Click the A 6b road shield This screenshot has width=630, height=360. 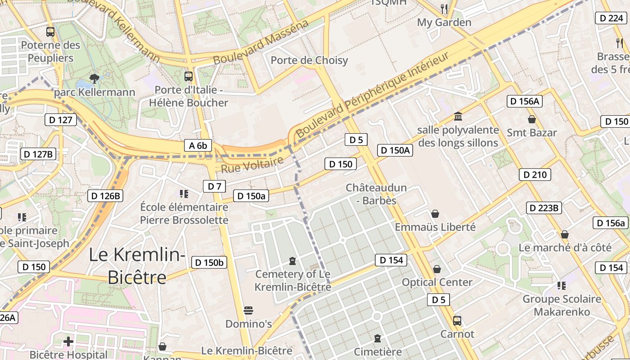198,145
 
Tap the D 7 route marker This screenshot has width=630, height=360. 215,186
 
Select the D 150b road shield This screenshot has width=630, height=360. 209,263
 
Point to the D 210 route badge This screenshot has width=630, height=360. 535,175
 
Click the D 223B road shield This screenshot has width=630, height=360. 544,208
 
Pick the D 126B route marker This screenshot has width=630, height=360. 105,196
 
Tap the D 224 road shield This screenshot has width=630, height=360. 611,18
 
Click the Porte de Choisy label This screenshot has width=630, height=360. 309,60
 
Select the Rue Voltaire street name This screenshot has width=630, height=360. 252,165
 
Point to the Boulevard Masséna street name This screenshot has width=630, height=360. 261,42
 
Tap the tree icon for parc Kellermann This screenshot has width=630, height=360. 94,79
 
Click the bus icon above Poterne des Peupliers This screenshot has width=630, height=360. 50,32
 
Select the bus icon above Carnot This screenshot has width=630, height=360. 457,321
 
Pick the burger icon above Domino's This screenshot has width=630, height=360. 248,310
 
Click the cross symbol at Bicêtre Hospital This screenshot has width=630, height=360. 68,342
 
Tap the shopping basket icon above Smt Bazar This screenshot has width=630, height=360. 532,119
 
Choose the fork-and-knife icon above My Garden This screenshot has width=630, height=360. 444,9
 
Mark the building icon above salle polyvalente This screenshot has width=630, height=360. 458,117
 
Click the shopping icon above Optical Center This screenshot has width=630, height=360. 436,269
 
